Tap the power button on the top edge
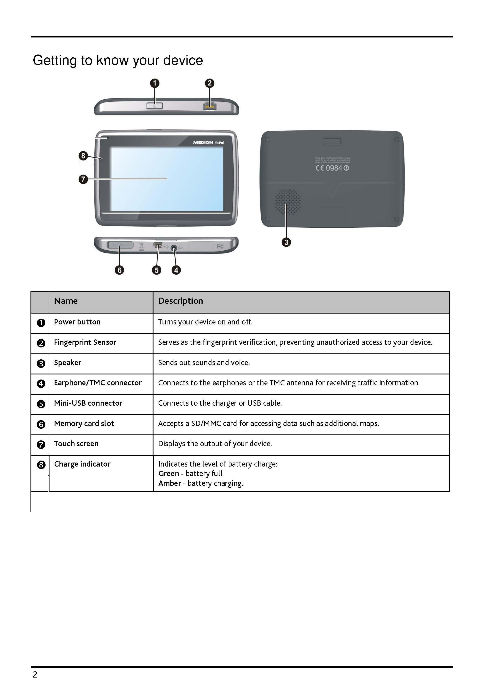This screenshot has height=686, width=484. [x=155, y=106]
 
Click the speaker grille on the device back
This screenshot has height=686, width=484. [x=288, y=202]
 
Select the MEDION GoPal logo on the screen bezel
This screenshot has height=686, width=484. [x=208, y=143]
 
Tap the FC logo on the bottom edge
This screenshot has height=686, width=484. [x=220, y=246]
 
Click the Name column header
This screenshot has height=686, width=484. [x=66, y=301]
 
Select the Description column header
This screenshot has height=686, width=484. [x=180, y=301]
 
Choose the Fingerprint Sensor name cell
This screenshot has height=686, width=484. [x=85, y=342]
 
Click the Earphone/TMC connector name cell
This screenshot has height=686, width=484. [x=98, y=383]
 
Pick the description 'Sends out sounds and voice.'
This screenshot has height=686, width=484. [x=204, y=363]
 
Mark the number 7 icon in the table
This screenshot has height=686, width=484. [x=41, y=445]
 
